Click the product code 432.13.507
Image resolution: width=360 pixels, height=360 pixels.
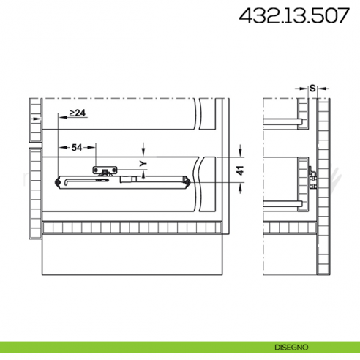(293, 17)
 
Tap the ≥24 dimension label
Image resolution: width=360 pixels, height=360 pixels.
(78, 113)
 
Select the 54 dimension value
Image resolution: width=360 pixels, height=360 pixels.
(76, 148)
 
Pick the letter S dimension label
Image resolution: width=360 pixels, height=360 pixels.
(312, 88)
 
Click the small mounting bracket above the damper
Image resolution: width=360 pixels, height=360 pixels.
(104, 170)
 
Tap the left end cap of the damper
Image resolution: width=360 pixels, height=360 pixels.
(59, 180)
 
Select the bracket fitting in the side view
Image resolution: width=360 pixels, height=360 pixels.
(312, 179)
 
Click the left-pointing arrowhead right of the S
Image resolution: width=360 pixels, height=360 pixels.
(320, 93)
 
